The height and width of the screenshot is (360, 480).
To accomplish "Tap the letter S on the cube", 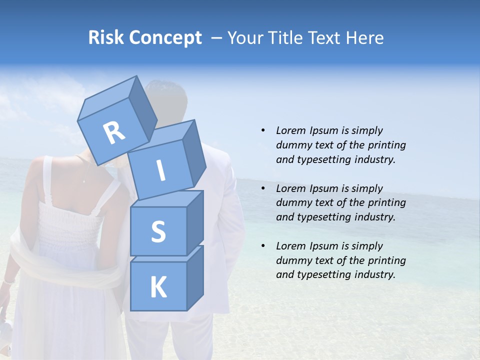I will [x=158, y=231].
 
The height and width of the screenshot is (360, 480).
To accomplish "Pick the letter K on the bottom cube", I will [x=158, y=287].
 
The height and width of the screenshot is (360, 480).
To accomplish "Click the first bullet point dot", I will [x=263, y=130].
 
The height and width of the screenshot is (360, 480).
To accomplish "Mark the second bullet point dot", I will [x=263, y=188].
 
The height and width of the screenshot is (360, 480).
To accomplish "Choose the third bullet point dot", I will [x=263, y=246].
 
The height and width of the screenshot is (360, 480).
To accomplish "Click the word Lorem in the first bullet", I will [x=290, y=130].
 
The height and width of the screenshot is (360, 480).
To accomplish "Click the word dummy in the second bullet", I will [x=293, y=203].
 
